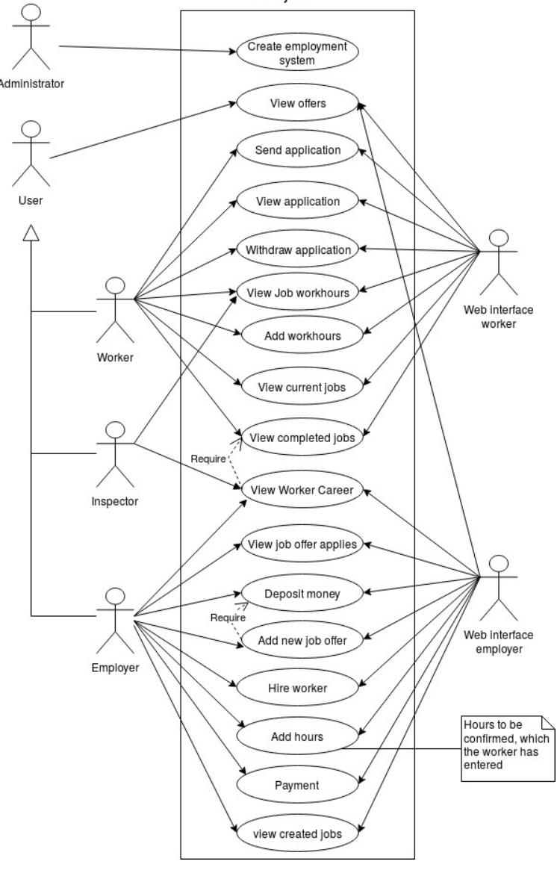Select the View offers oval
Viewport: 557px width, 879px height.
(297, 104)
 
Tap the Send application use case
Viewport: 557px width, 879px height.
(297, 150)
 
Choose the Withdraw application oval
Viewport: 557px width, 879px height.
(297, 249)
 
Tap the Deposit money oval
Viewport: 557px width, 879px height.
(302, 594)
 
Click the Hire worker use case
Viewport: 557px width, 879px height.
(297, 688)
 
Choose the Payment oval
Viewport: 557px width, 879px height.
(297, 785)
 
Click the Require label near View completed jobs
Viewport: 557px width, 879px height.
(208, 459)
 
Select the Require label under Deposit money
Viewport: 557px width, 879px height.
(223, 618)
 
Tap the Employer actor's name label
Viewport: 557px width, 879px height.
(115, 667)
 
